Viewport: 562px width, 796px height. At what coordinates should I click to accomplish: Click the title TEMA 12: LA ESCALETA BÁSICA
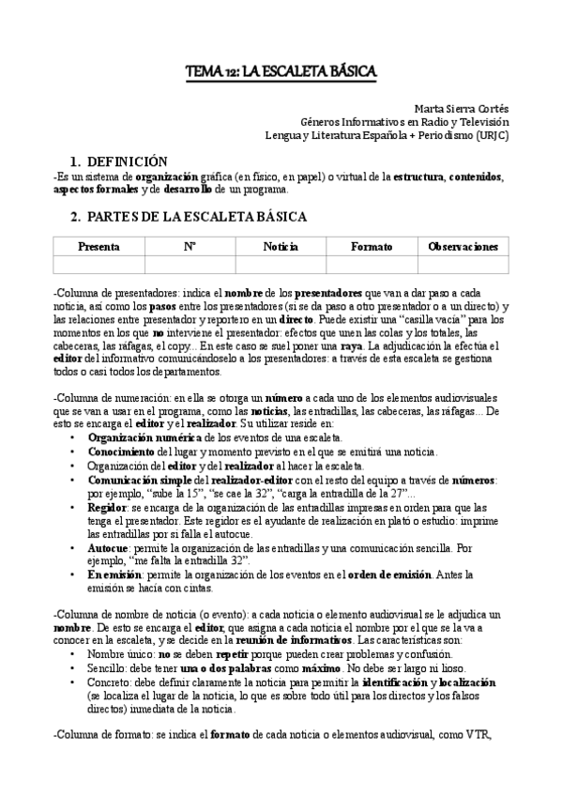[281, 71]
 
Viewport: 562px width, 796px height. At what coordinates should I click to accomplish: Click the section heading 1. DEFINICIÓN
[119, 161]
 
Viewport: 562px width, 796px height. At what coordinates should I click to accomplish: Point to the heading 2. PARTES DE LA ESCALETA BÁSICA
[189, 217]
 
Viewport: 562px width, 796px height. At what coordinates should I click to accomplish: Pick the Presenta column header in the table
[99, 246]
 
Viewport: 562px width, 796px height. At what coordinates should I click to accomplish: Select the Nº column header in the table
[190, 246]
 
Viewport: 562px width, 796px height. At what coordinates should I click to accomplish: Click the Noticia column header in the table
[281, 246]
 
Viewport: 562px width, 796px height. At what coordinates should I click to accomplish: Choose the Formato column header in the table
[372, 246]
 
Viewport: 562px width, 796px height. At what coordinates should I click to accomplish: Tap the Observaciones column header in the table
[463, 246]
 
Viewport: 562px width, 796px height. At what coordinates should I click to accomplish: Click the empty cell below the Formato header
[372, 264]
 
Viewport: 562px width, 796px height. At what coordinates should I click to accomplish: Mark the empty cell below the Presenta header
[99, 264]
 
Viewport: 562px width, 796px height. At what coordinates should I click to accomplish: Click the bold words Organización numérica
[144, 437]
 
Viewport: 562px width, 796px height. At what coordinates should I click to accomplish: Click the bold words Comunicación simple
[141, 479]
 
